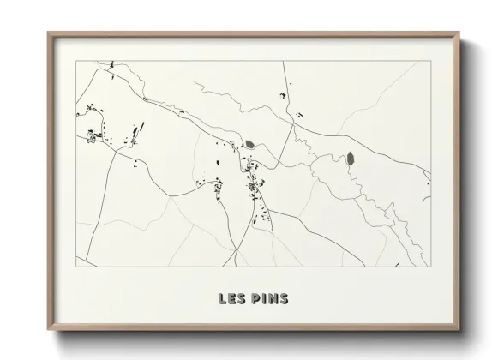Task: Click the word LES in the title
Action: point(231,300)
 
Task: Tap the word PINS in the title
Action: point(270,300)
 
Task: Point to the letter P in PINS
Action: point(256,300)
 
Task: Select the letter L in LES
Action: point(222,300)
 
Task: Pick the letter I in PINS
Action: point(264,300)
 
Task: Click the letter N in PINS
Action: point(273,300)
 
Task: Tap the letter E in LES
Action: point(231,300)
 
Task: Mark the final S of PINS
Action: point(284,300)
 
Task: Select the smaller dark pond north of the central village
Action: point(249,145)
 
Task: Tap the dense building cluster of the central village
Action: point(254,187)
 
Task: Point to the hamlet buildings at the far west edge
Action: point(93,135)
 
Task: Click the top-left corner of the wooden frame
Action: point(48,33)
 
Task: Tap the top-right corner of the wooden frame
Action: point(457,33)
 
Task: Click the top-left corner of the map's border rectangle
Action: point(76,62)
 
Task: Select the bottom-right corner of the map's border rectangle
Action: point(428,267)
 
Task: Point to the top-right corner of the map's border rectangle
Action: point(428,62)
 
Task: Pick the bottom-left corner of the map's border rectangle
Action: point(76,267)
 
